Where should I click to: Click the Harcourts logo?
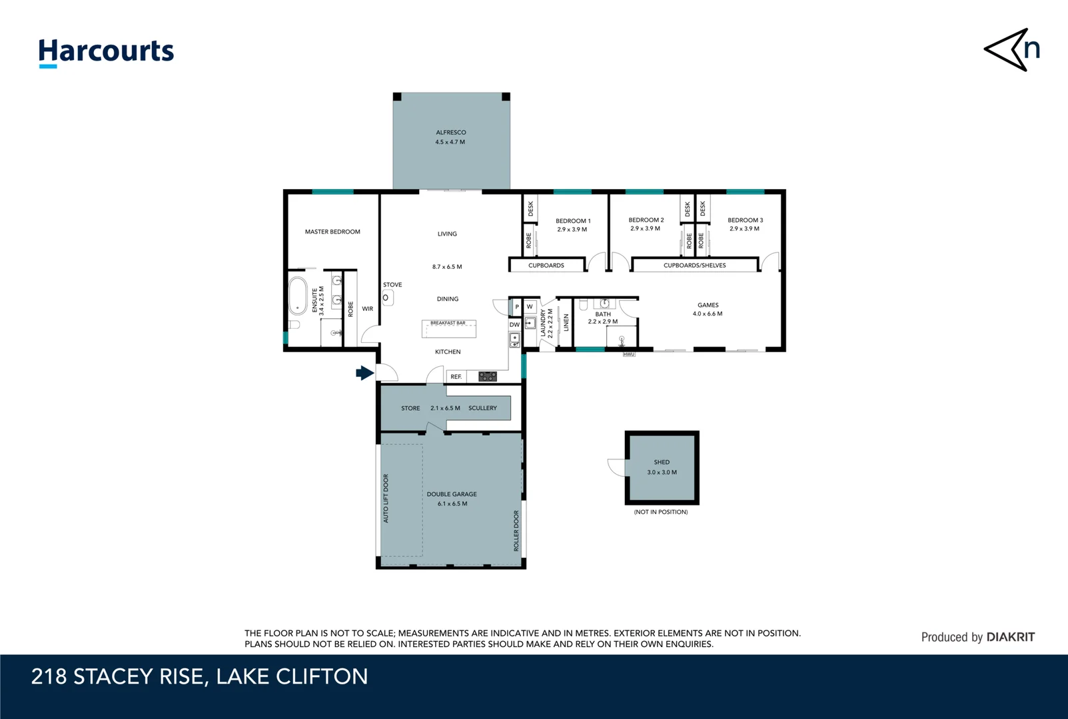[106, 52]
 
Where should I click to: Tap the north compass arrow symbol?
[1011, 50]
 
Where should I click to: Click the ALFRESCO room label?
[450, 132]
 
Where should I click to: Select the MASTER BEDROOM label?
[332, 232]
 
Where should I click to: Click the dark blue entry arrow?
[364, 373]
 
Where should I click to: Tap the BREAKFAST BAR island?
[448, 328]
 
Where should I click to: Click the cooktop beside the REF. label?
[487, 377]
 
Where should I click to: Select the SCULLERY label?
[482, 408]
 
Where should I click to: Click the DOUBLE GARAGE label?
[452, 494]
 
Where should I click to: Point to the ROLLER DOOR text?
[516, 531]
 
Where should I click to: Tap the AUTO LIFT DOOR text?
[386, 499]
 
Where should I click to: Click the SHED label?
[662, 462]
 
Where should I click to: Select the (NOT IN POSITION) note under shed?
[661, 512]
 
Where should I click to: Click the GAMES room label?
[708, 305]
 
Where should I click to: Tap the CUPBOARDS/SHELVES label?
[694, 266]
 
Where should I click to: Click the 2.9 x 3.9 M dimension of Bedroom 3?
[744, 229]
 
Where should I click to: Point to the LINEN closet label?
[566, 323]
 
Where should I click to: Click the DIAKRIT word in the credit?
[1010, 637]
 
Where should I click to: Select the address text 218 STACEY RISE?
[117, 676]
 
